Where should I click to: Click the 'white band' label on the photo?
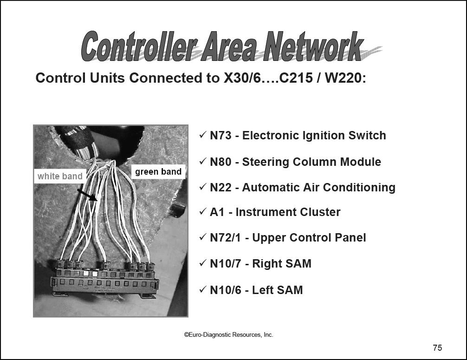tap(60, 176)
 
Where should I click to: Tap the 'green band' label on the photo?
tap(158, 172)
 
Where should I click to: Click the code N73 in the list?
tap(221, 135)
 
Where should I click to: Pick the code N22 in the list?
tap(221, 188)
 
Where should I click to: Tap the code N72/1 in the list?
tap(226, 238)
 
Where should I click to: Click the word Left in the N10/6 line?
tap(262, 290)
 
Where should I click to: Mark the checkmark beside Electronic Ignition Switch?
tap(202, 135)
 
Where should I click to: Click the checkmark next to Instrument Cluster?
tap(202, 212)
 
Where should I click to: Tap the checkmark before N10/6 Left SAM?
tap(202, 289)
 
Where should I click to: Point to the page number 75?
tap(437, 348)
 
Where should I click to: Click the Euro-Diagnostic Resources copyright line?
tap(228, 334)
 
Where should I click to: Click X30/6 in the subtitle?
tap(242, 78)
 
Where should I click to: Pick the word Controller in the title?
tap(139, 46)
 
